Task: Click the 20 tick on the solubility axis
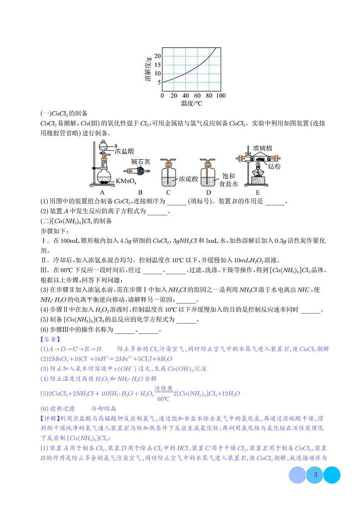point(158,56)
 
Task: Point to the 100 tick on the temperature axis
point(221,96)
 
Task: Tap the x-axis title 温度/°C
point(191,104)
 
